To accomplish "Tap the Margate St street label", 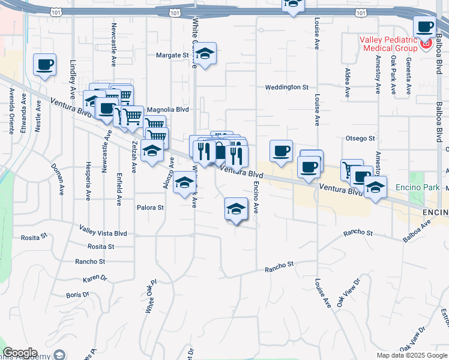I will (x=172, y=55).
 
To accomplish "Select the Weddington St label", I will (x=287, y=87).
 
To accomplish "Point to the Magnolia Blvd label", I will (x=167, y=110).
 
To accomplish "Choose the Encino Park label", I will (x=417, y=187).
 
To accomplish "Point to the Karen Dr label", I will (x=94, y=279).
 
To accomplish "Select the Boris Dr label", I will (x=77, y=295).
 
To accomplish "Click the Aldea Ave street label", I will (x=348, y=83).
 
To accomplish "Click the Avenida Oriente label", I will (x=11, y=111).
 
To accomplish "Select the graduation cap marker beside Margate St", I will (x=205, y=56).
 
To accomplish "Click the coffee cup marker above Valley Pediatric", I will (x=425, y=27).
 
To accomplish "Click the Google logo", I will (x=20, y=353).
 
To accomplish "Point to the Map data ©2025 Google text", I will (x=411, y=355).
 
